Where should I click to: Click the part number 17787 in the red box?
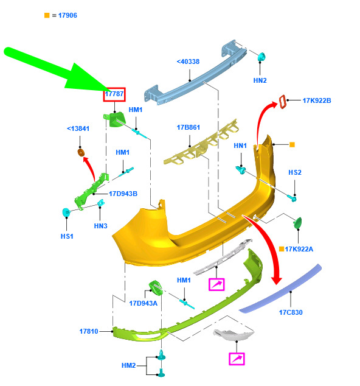[x=114, y=94]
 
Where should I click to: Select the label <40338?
[x=188, y=61]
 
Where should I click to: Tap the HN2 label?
[x=260, y=80]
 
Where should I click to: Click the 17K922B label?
[x=317, y=100]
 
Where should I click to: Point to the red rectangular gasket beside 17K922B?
[x=283, y=102]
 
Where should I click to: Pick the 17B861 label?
[x=189, y=127]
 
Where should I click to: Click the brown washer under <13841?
[x=81, y=152]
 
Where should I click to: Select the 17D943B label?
[x=123, y=194]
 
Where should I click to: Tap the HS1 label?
[x=67, y=236]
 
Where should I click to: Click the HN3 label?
[x=100, y=226]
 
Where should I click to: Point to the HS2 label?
[x=295, y=172]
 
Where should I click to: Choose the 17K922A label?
[x=299, y=249]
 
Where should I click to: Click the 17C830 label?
[x=291, y=312]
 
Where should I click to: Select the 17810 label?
[x=89, y=331]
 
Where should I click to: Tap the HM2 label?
[x=128, y=365]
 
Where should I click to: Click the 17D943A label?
[x=143, y=303]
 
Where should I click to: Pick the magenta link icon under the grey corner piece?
[x=237, y=359]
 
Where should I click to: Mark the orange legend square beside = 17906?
[x=47, y=15]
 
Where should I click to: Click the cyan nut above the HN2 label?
[x=261, y=57]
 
